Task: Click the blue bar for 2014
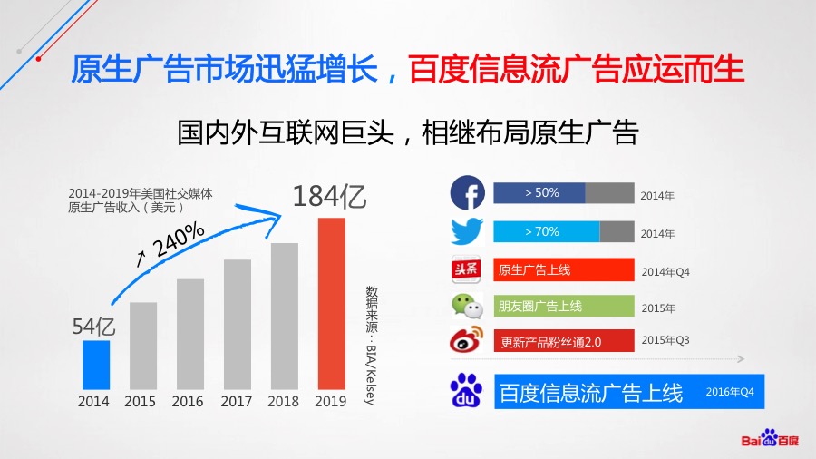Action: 96,365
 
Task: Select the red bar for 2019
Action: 332,303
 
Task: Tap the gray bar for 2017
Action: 238,324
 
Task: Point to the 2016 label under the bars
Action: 188,401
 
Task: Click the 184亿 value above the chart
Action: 329,197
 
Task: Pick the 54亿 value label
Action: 93,327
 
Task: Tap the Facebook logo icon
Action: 467,192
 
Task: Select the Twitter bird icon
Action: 467,231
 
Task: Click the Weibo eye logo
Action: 466,339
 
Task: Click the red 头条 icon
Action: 466,269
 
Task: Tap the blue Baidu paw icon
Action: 466,390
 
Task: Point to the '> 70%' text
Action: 542,231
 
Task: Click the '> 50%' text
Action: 542,192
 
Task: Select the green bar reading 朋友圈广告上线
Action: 564,306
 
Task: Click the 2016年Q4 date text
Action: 730,392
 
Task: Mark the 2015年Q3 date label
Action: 665,340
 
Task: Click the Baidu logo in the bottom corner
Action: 770,439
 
